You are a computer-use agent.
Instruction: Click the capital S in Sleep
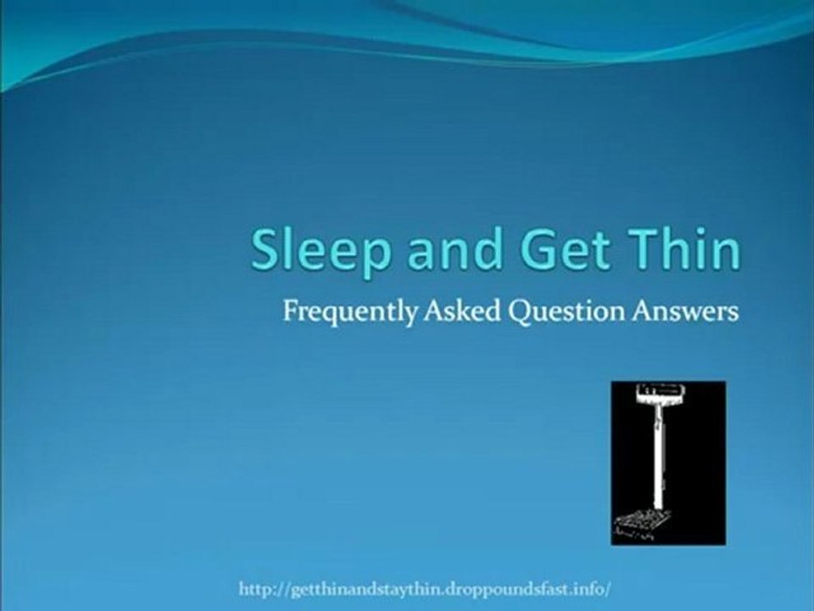267,249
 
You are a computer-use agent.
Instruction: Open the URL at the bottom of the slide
425,587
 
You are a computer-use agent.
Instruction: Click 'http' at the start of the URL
255,587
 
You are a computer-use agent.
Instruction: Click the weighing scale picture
668,462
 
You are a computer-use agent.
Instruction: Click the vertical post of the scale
656,458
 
